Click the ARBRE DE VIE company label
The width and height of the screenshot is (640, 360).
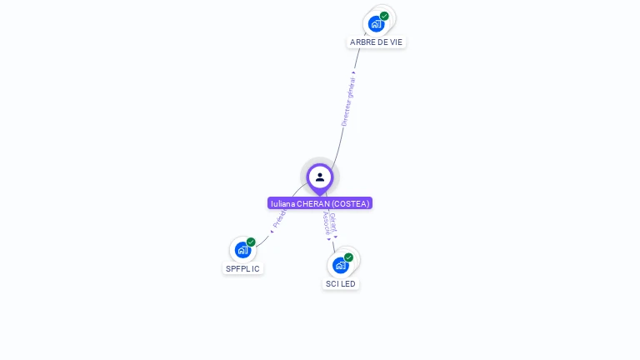coord(377,42)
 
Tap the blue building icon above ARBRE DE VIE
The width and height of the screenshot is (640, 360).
coord(376,24)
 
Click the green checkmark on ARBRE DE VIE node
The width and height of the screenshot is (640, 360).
coord(384,16)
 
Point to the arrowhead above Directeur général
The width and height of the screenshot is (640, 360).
coord(354,73)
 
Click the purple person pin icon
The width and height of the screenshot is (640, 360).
coord(320,177)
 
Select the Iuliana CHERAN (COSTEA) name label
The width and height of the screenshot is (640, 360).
coord(320,203)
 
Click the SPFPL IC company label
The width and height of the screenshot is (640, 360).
coord(242,268)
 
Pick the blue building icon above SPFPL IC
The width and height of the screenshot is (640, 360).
coord(242,250)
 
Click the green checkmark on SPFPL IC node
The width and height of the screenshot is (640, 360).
coord(251,242)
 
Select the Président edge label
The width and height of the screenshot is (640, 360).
coord(279,219)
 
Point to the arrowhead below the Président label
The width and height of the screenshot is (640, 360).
coord(272,231)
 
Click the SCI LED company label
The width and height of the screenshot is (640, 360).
coord(340,283)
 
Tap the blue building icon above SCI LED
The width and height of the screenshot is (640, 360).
coord(340,266)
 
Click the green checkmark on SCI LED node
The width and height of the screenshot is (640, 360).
coord(348,257)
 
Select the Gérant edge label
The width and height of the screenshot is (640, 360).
coord(333,220)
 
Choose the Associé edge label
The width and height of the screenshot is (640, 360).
coord(326,222)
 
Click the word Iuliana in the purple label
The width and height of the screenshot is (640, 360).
coord(283,203)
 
